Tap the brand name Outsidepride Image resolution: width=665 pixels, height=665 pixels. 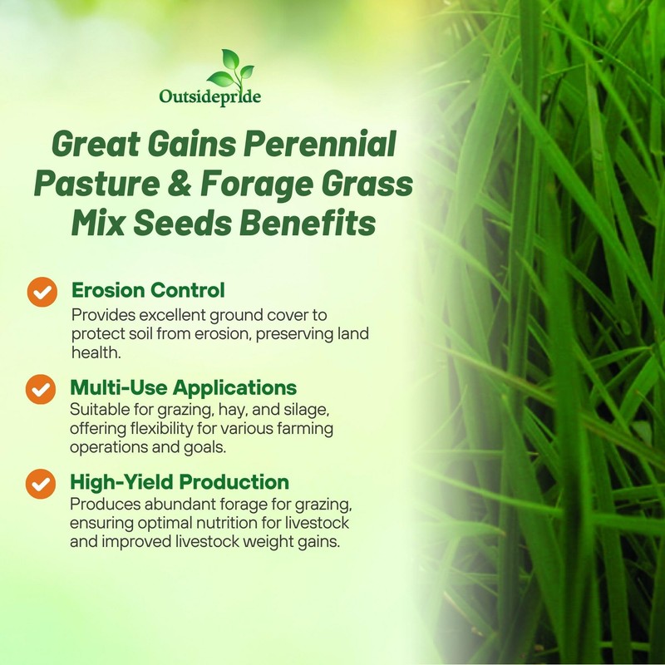tap(210, 97)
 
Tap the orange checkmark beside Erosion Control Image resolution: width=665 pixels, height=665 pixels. tap(42, 292)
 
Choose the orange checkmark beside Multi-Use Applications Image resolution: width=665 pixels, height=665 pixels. tap(42, 389)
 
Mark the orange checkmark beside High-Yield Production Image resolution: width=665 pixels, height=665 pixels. tap(42, 483)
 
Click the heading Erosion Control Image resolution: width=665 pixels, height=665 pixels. tap(148, 290)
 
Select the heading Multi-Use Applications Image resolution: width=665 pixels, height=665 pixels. tap(183, 387)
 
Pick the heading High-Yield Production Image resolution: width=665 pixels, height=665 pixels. tap(180, 482)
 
